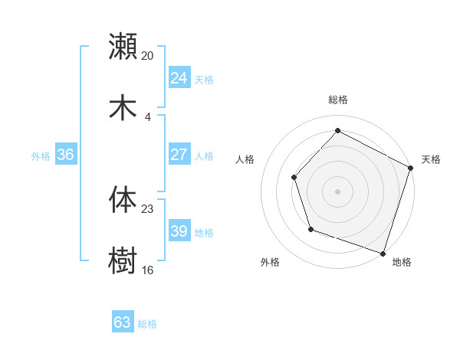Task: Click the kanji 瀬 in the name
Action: pos(123,46)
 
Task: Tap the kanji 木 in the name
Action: pos(123,107)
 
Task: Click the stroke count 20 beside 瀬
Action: pos(148,56)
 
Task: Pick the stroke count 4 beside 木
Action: pos(148,117)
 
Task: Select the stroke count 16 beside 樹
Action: pos(148,270)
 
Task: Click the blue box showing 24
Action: pos(179,78)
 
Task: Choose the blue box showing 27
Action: pos(179,155)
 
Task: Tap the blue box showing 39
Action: pos(179,231)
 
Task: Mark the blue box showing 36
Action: pos(65,155)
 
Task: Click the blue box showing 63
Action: pos(122,322)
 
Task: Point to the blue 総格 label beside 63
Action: pos(147,324)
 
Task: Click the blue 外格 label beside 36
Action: pos(41,156)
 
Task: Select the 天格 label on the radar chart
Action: pos(431,159)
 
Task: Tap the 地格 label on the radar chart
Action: pos(402,262)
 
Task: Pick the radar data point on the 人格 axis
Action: pos(294,178)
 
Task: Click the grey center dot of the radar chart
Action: pos(337,191)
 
